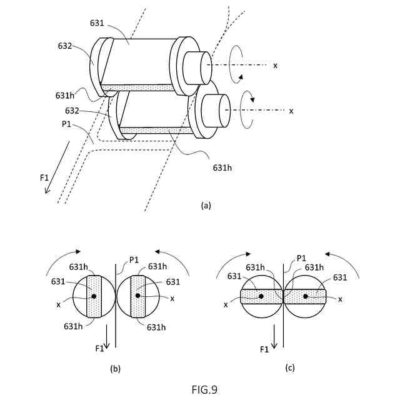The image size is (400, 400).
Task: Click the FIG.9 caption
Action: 204,389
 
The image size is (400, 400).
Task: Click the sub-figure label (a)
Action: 206,204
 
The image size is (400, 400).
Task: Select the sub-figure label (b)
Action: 115,369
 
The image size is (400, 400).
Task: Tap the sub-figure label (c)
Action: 290,367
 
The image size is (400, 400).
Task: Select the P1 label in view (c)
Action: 301,257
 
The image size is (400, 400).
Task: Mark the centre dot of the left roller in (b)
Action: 93,296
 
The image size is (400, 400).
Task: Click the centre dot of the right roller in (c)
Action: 306,296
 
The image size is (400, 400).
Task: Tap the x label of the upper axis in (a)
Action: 276,65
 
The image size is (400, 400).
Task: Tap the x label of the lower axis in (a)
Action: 291,111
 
